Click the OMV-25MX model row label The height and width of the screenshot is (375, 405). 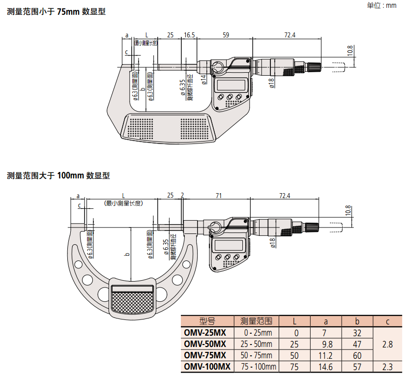tap(205, 332)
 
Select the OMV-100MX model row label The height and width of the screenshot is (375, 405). tap(207, 367)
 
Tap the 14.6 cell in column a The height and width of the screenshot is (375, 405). tap(325, 367)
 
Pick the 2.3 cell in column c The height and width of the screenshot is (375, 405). tap(387, 367)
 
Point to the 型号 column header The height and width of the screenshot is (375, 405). tap(207, 321)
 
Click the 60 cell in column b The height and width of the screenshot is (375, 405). tap(357, 355)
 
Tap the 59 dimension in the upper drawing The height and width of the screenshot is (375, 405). tap(226, 35)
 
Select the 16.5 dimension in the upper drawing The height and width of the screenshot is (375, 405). tap(189, 35)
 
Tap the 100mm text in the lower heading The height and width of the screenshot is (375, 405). tap(71, 175)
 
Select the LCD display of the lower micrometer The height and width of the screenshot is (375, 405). tap(229, 244)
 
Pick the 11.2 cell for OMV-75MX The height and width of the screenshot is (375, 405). tap(325, 355)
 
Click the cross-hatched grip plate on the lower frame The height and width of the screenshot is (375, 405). tap(132, 300)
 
